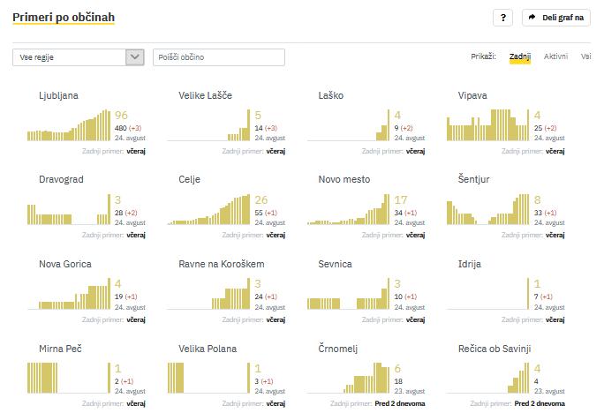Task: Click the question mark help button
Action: [502, 18]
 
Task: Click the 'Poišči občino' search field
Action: [219, 57]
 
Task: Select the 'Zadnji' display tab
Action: [520, 56]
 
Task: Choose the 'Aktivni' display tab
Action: [555, 56]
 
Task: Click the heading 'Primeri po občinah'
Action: [64, 17]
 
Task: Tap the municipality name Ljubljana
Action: [59, 95]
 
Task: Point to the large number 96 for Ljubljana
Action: [122, 116]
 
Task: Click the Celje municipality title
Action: [189, 179]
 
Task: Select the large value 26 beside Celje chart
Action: [261, 200]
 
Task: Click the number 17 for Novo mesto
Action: [401, 200]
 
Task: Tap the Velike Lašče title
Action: [205, 95]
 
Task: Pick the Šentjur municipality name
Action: [474, 179]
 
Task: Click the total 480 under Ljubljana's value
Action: [121, 129]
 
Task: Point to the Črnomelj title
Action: [337, 349]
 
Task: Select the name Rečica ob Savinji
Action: [495, 349]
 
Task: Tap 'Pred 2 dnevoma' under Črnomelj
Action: [400, 403]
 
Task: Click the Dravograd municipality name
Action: [62, 179]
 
